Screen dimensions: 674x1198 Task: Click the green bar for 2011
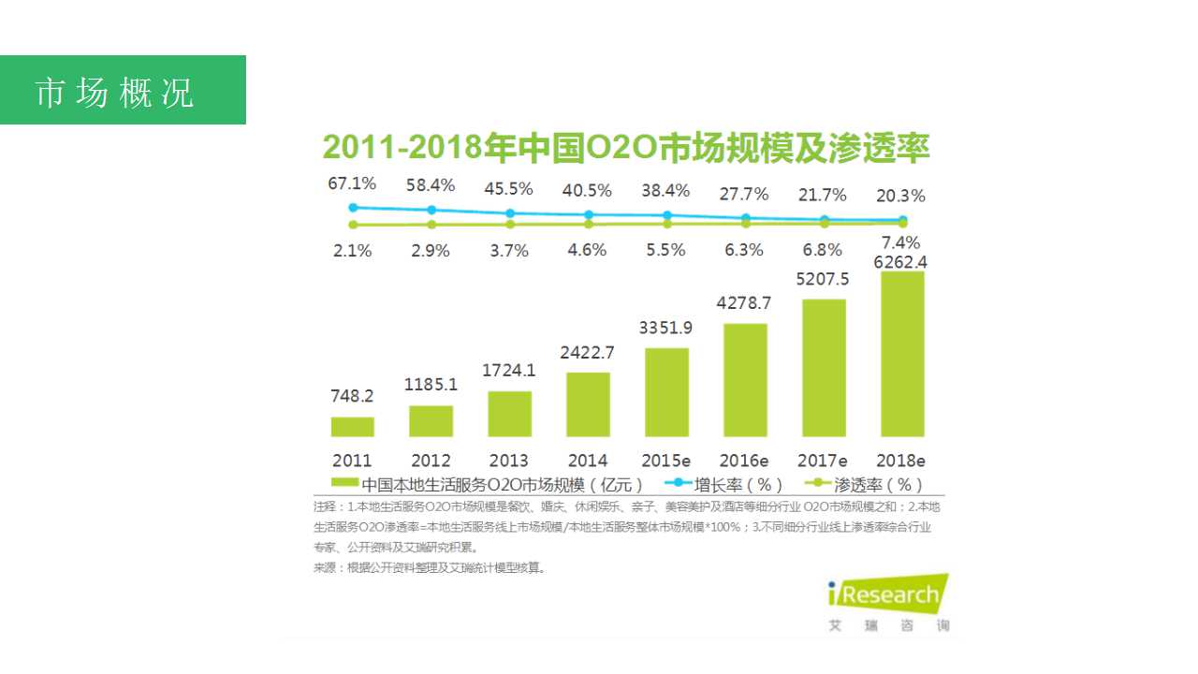pyautogui.click(x=352, y=427)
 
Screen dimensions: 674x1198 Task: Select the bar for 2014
pyautogui.click(x=588, y=404)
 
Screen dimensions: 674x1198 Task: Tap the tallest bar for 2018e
pyautogui.click(x=901, y=354)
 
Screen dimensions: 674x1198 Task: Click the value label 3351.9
pyautogui.click(x=665, y=328)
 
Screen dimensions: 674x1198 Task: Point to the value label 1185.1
pyautogui.click(x=431, y=384)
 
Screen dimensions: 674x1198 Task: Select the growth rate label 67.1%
pyautogui.click(x=352, y=183)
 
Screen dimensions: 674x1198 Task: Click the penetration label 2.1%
pyautogui.click(x=352, y=250)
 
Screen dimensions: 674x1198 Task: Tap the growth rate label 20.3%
pyautogui.click(x=901, y=196)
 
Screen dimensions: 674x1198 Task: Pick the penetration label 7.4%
pyautogui.click(x=901, y=243)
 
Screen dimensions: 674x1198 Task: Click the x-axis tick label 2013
pyautogui.click(x=509, y=461)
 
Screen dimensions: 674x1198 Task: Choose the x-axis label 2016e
pyautogui.click(x=744, y=461)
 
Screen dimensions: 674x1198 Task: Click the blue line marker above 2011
pyautogui.click(x=353, y=208)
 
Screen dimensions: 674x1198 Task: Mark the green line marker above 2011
pyautogui.click(x=353, y=225)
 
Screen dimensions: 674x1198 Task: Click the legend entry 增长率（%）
pyautogui.click(x=726, y=484)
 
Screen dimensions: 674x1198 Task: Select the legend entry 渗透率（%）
pyautogui.click(x=867, y=484)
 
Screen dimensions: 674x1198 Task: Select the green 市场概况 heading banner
pyautogui.click(x=123, y=90)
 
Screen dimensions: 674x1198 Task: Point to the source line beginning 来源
pyautogui.click(x=430, y=567)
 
